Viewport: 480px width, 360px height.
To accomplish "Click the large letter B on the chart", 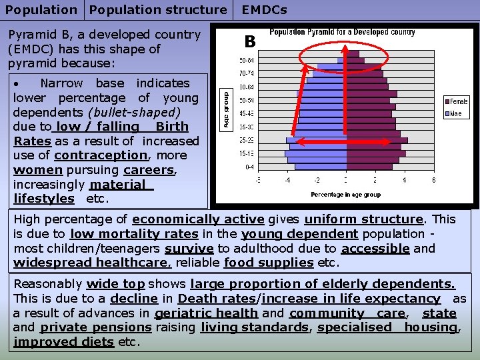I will (x=250, y=42).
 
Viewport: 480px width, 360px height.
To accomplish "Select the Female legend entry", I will (x=456, y=101).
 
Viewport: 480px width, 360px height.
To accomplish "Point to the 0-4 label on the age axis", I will (x=249, y=167).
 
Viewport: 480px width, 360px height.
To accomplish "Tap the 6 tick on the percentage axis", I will (x=433, y=180).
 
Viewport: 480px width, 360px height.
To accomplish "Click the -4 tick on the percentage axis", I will (x=287, y=180).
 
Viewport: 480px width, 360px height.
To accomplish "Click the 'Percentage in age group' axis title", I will (x=345, y=195).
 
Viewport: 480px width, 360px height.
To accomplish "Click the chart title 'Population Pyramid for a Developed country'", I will (x=342, y=32).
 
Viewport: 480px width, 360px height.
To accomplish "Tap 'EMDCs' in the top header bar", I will (x=264, y=10).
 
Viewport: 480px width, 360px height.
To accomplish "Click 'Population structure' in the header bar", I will (x=158, y=10).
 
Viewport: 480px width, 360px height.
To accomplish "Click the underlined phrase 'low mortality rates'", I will (x=134, y=234).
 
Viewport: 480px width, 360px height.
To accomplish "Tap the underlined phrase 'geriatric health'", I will (x=206, y=313).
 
